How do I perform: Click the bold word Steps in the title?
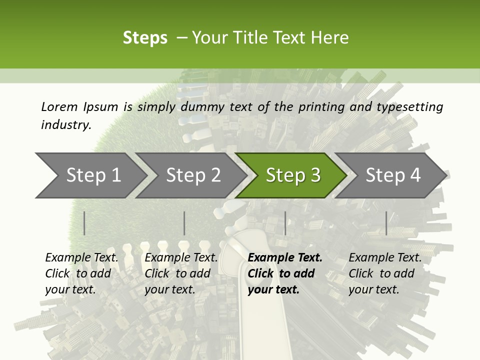(x=145, y=38)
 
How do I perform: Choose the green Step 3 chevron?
(x=293, y=175)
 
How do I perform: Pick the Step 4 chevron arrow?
(x=393, y=175)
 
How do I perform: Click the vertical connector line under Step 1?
(x=84, y=223)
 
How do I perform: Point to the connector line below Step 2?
(x=184, y=223)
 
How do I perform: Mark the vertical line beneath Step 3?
(x=285, y=223)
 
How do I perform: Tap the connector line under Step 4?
(x=386, y=223)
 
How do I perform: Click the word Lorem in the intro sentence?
(x=59, y=106)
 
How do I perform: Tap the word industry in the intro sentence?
(x=66, y=124)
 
